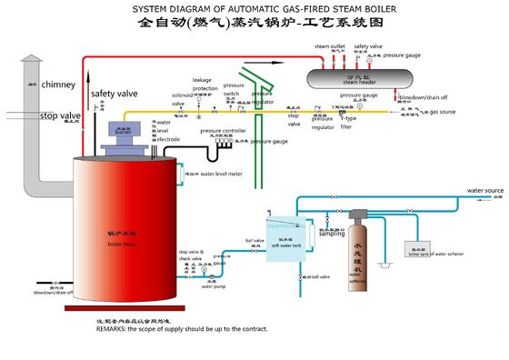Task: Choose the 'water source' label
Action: click(x=484, y=192)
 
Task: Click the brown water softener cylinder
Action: click(x=364, y=251)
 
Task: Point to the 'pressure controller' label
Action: click(x=223, y=131)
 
